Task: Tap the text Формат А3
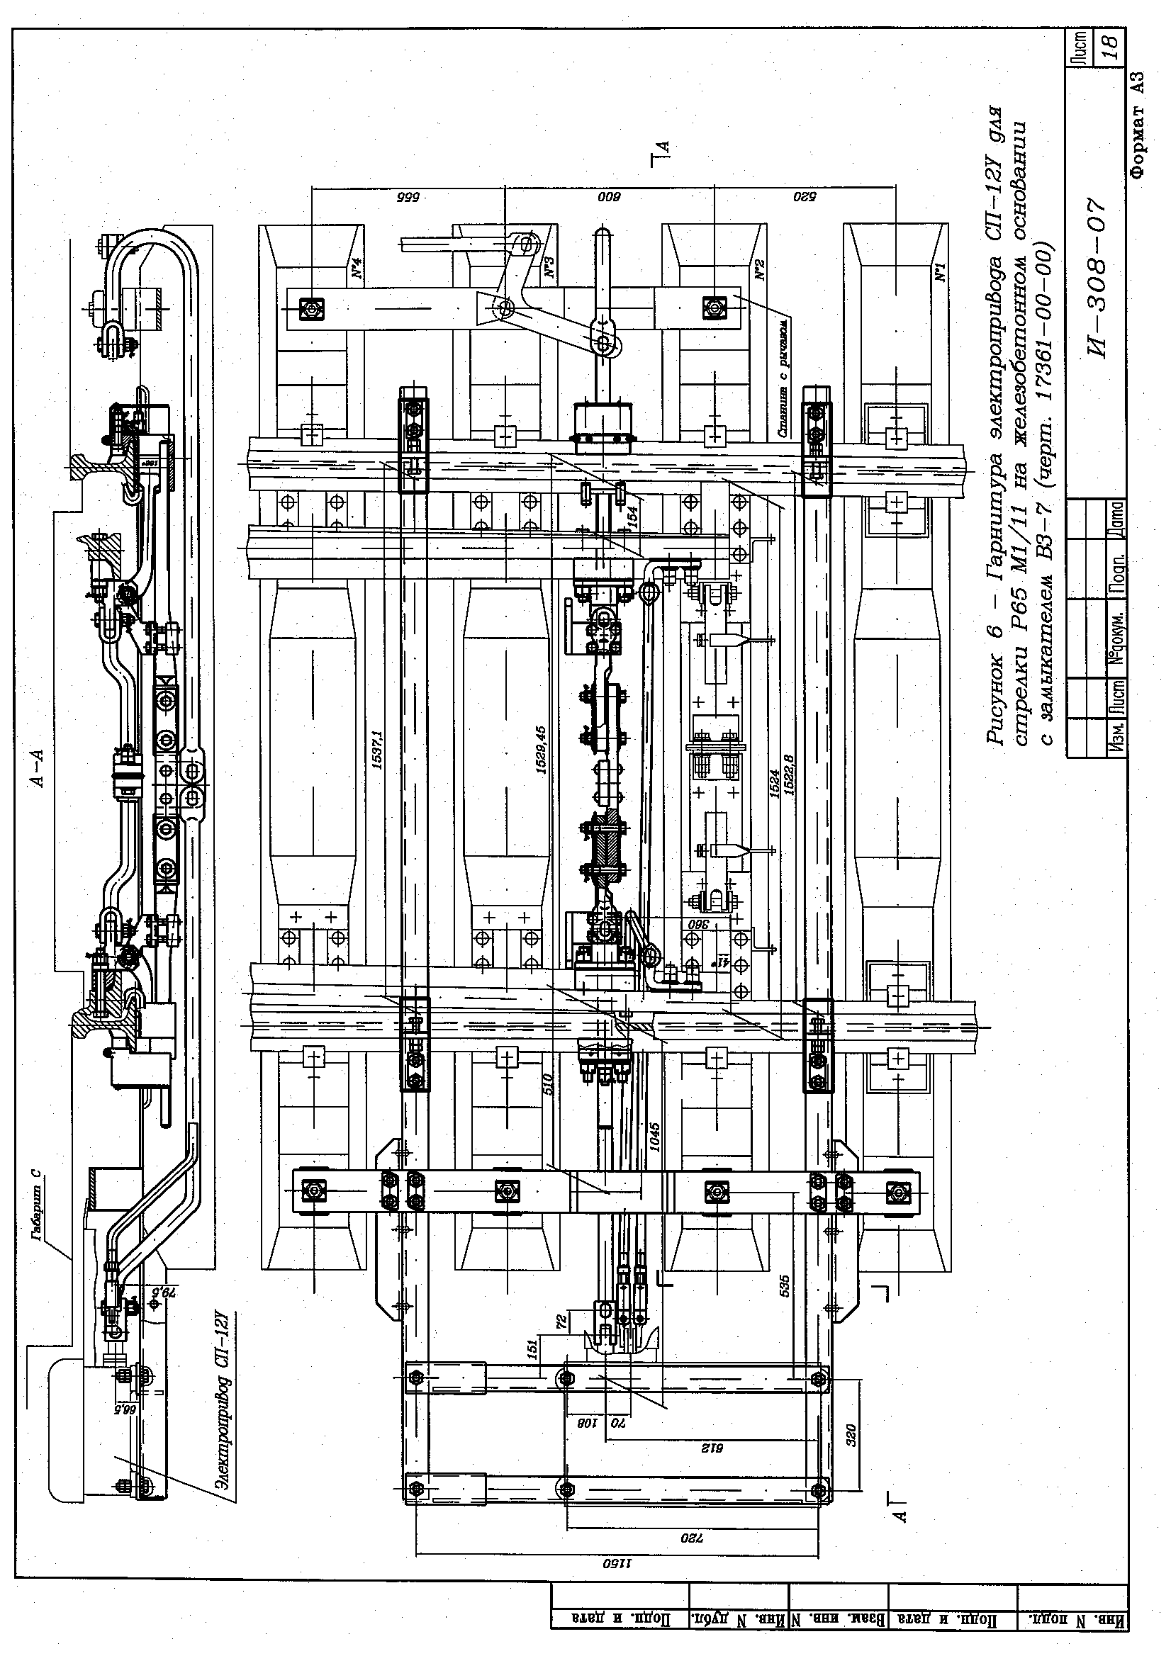tap(1138, 124)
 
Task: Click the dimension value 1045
tap(654, 1139)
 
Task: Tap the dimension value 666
tap(408, 197)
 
